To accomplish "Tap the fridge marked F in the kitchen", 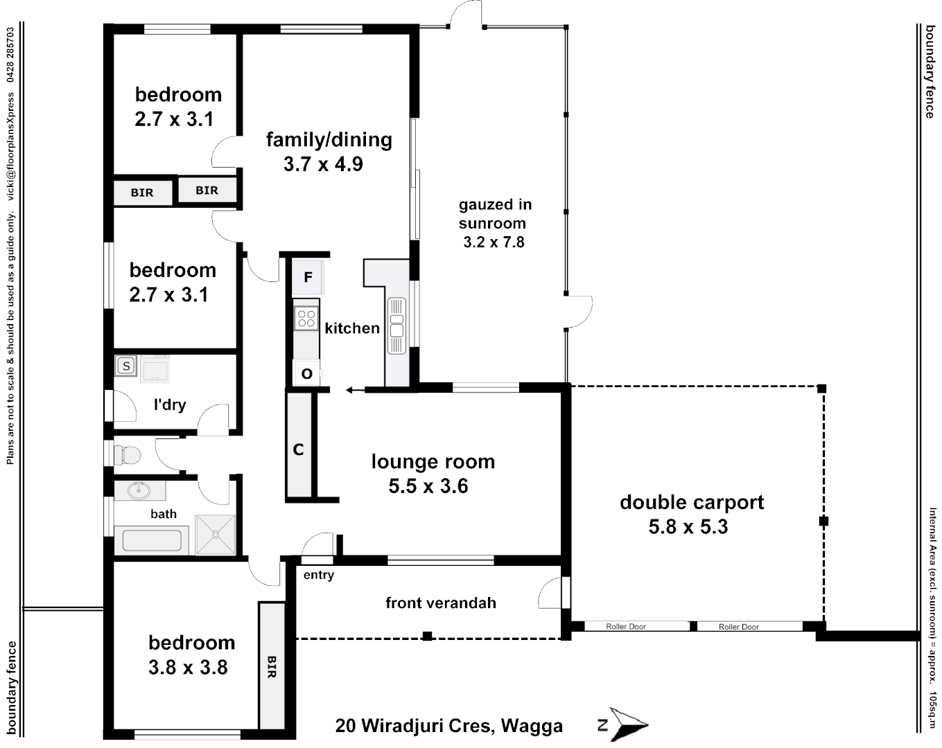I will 308,277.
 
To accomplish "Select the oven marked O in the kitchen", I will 306,373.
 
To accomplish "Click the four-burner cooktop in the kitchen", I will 306,319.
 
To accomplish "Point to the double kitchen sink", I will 396,325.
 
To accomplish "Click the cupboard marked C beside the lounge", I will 299,449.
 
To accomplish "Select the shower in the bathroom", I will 216,535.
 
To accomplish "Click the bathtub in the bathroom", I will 152,540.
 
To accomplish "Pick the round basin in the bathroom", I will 139,490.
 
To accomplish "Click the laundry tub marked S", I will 126,366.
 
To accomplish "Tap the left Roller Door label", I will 626,627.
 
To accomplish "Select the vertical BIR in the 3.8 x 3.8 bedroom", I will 272,666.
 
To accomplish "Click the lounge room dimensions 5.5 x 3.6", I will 428,486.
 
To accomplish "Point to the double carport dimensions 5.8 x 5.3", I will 688,527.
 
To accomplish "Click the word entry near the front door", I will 318,575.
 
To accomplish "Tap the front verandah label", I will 441,603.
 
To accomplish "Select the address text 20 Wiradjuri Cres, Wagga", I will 448,726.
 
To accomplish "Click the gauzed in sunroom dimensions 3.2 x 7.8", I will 494,242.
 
